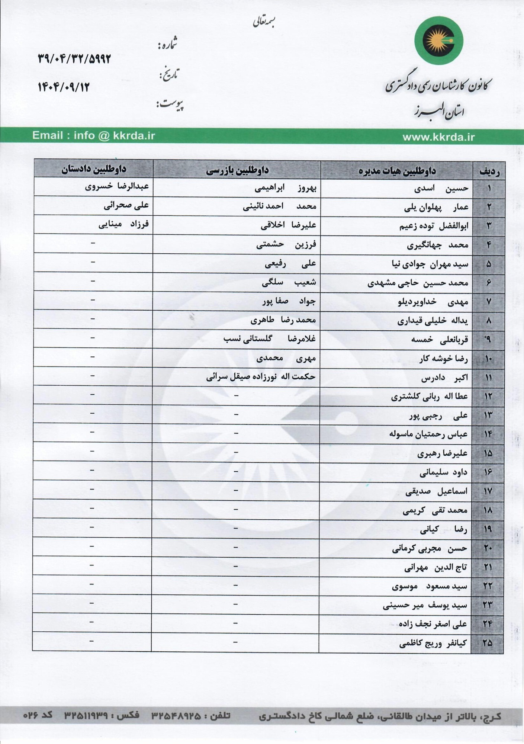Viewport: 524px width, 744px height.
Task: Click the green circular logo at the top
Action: tap(439, 41)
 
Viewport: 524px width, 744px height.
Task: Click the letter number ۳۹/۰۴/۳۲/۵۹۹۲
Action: tap(74, 58)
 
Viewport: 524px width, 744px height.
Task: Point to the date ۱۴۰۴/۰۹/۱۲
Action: tap(64, 87)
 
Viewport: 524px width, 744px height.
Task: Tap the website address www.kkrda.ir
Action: tap(438, 137)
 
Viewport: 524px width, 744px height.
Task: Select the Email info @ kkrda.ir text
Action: tap(93, 135)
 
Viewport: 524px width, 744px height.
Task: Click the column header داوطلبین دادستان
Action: tap(94, 169)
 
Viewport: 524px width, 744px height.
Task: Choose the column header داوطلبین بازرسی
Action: tap(237, 170)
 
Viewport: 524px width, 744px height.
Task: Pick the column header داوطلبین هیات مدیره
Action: tap(397, 171)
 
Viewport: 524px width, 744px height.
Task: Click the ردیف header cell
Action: tap(489, 171)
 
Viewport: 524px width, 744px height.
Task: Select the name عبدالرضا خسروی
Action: tap(117, 186)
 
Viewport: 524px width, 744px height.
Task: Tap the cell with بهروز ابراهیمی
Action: tap(285, 188)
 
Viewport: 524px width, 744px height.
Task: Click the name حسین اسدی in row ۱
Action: tap(441, 189)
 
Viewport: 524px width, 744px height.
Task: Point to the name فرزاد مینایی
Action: tap(123, 224)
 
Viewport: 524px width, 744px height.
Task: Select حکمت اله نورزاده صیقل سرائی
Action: tap(261, 377)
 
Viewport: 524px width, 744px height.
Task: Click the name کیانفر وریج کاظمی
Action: tap(433, 643)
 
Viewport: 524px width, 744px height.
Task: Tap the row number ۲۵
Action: tap(487, 643)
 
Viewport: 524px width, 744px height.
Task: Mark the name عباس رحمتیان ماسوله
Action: tap(428, 434)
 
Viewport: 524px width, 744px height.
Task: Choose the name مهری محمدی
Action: tap(286, 358)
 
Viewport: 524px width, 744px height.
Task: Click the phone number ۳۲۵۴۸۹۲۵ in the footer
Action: tap(176, 716)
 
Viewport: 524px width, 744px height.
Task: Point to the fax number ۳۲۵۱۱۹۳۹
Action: tap(86, 715)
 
